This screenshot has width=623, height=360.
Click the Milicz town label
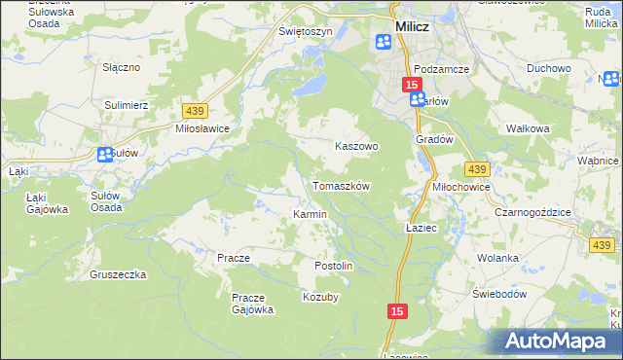[x=412, y=27]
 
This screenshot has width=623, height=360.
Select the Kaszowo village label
[x=355, y=146]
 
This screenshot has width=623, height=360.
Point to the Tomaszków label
[x=341, y=185]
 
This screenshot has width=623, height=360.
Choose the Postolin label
[x=333, y=266]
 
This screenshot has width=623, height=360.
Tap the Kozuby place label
[x=320, y=297]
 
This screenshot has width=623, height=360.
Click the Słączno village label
[x=123, y=68]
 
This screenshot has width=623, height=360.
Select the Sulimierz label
[x=125, y=102]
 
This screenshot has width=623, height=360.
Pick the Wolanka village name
[x=496, y=258]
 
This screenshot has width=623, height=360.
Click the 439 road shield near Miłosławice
[x=192, y=113]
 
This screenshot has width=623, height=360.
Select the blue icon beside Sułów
[x=104, y=154]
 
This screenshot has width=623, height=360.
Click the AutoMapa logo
[x=559, y=341]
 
